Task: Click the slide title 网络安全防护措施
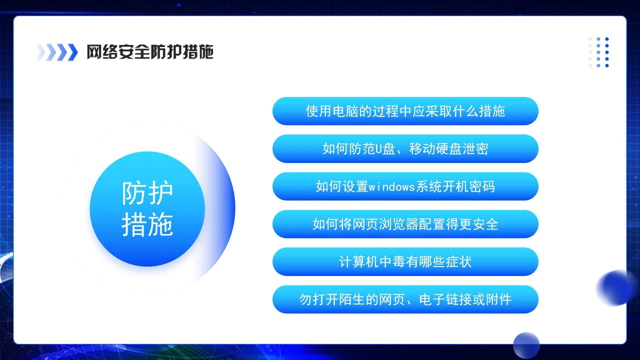pyautogui.click(x=150, y=52)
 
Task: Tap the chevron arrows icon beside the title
pyautogui.click(x=57, y=52)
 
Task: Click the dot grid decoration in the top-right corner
pyautogui.click(x=599, y=52)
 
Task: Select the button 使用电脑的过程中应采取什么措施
pyautogui.click(x=405, y=111)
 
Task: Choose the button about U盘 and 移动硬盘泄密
pyautogui.click(x=405, y=148)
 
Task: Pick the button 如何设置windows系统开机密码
pyautogui.click(x=405, y=186)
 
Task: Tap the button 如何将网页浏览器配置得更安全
pyautogui.click(x=405, y=224)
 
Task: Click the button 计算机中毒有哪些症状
pyautogui.click(x=405, y=261)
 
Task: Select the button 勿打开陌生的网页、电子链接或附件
pyautogui.click(x=405, y=299)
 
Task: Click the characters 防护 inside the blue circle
pyautogui.click(x=147, y=192)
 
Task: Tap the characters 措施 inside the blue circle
pyautogui.click(x=147, y=224)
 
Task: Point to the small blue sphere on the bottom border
pyautogui.click(x=526, y=345)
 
